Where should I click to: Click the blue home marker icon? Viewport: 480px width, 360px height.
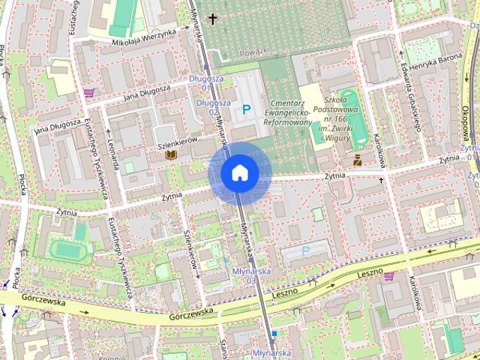pyautogui.click(x=240, y=172)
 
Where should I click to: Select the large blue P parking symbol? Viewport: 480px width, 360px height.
pyautogui.click(x=246, y=110)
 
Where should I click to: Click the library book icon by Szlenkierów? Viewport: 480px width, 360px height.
pyautogui.click(x=171, y=154)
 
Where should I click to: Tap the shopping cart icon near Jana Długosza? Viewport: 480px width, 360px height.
pyautogui.click(x=89, y=93)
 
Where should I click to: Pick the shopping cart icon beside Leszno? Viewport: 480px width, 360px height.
pyautogui.click(x=388, y=276)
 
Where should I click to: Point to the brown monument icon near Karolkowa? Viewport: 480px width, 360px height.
pyautogui.click(x=358, y=159)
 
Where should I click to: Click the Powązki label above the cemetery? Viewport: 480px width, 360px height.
pyautogui.click(x=256, y=53)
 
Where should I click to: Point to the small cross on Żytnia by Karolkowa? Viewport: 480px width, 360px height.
pyautogui.click(x=381, y=180)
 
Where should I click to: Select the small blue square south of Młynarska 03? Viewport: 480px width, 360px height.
pyautogui.click(x=274, y=332)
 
